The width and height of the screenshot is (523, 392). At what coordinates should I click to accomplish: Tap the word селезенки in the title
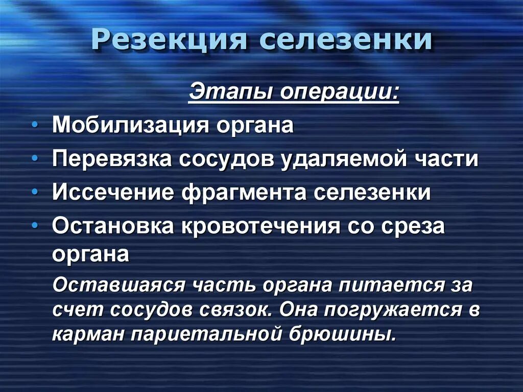(x=345, y=40)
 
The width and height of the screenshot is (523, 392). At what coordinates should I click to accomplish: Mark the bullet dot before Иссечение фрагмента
(x=34, y=194)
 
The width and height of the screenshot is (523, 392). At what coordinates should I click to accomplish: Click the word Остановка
(x=113, y=226)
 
